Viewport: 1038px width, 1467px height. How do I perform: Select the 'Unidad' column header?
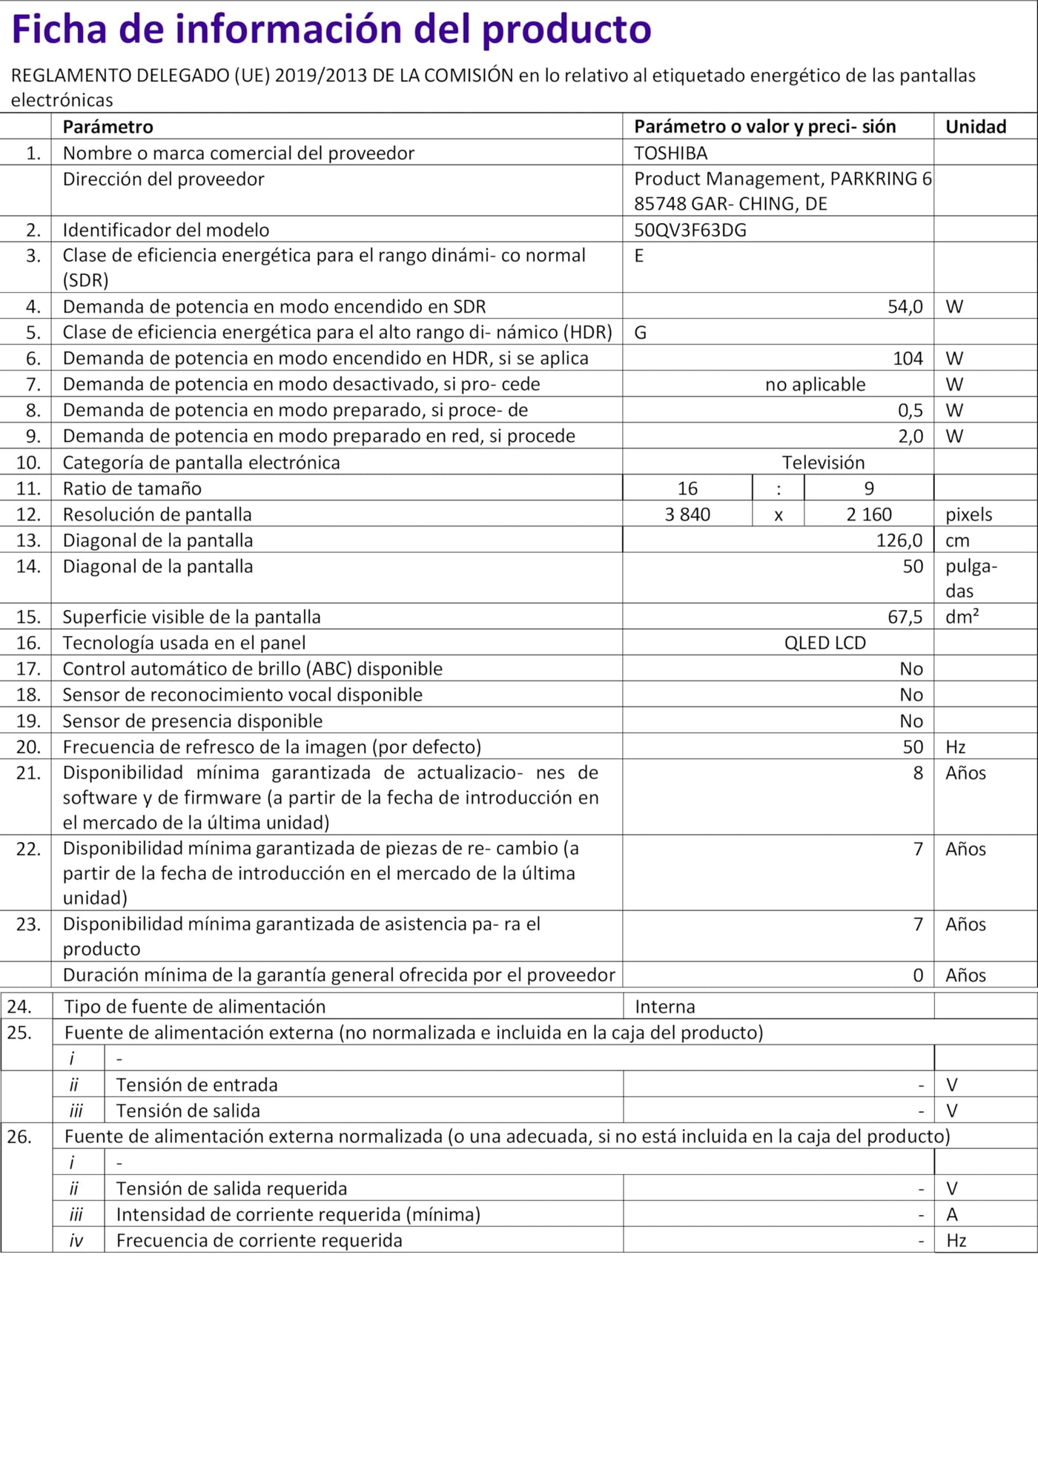(975, 127)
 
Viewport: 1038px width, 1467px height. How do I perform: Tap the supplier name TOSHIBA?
(670, 153)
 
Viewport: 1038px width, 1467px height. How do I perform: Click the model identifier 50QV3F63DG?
(690, 230)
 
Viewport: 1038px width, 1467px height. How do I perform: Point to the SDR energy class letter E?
(639, 256)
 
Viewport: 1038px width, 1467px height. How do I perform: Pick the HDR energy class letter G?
(641, 332)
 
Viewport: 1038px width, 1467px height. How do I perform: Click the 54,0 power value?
(905, 307)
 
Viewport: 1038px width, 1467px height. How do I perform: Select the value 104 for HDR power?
(908, 359)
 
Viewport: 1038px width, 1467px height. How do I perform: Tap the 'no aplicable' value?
(815, 385)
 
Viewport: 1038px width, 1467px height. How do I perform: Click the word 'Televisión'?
(823, 463)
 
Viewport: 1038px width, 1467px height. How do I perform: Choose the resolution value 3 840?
(687, 514)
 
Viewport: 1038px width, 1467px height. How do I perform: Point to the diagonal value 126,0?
(899, 540)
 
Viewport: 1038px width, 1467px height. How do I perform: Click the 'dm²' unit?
(962, 617)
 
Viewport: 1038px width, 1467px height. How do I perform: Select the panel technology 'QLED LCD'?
(824, 643)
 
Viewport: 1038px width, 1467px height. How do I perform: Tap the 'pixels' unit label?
(968, 514)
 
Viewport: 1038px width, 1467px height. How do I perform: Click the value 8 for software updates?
(918, 773)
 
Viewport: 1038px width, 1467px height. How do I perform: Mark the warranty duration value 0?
(918, 976)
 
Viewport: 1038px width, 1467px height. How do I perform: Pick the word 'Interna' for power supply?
(665, 1007)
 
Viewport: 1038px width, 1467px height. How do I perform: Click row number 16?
(28, 643)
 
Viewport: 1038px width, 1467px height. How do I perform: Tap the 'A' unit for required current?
(952, 1214)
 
